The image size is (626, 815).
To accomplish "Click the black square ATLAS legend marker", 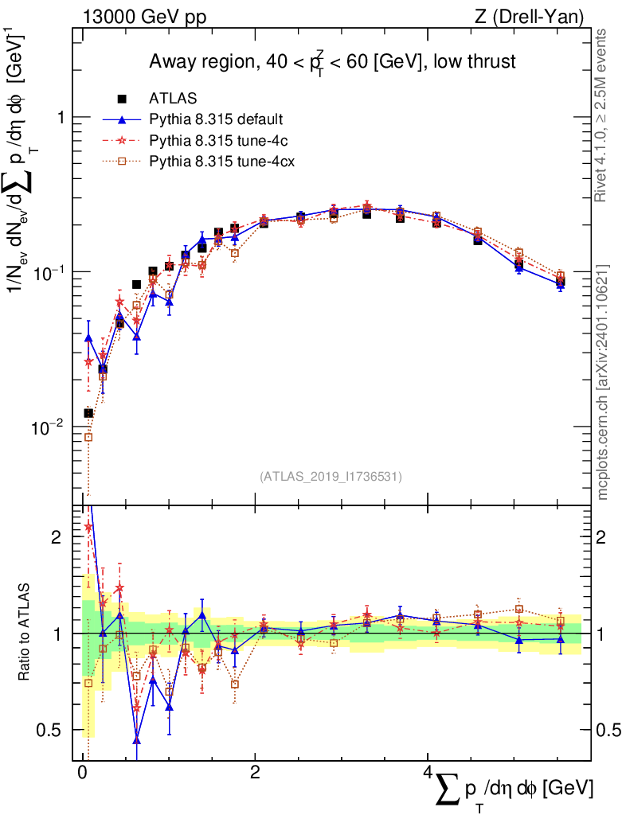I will pos(122,99).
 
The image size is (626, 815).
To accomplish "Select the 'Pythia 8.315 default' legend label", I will pos(216,119).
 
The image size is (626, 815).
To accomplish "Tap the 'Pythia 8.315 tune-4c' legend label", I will pos(216,140).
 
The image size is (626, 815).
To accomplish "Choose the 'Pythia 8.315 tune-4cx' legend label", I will pos(219,162).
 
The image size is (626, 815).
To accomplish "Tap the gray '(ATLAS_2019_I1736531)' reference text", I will pos(331,477).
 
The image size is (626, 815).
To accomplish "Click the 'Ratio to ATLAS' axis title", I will pos(30,633).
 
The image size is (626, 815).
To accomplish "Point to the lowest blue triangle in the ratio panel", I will pos(137,740).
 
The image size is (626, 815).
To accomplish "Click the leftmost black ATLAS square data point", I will pos(88,413).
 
